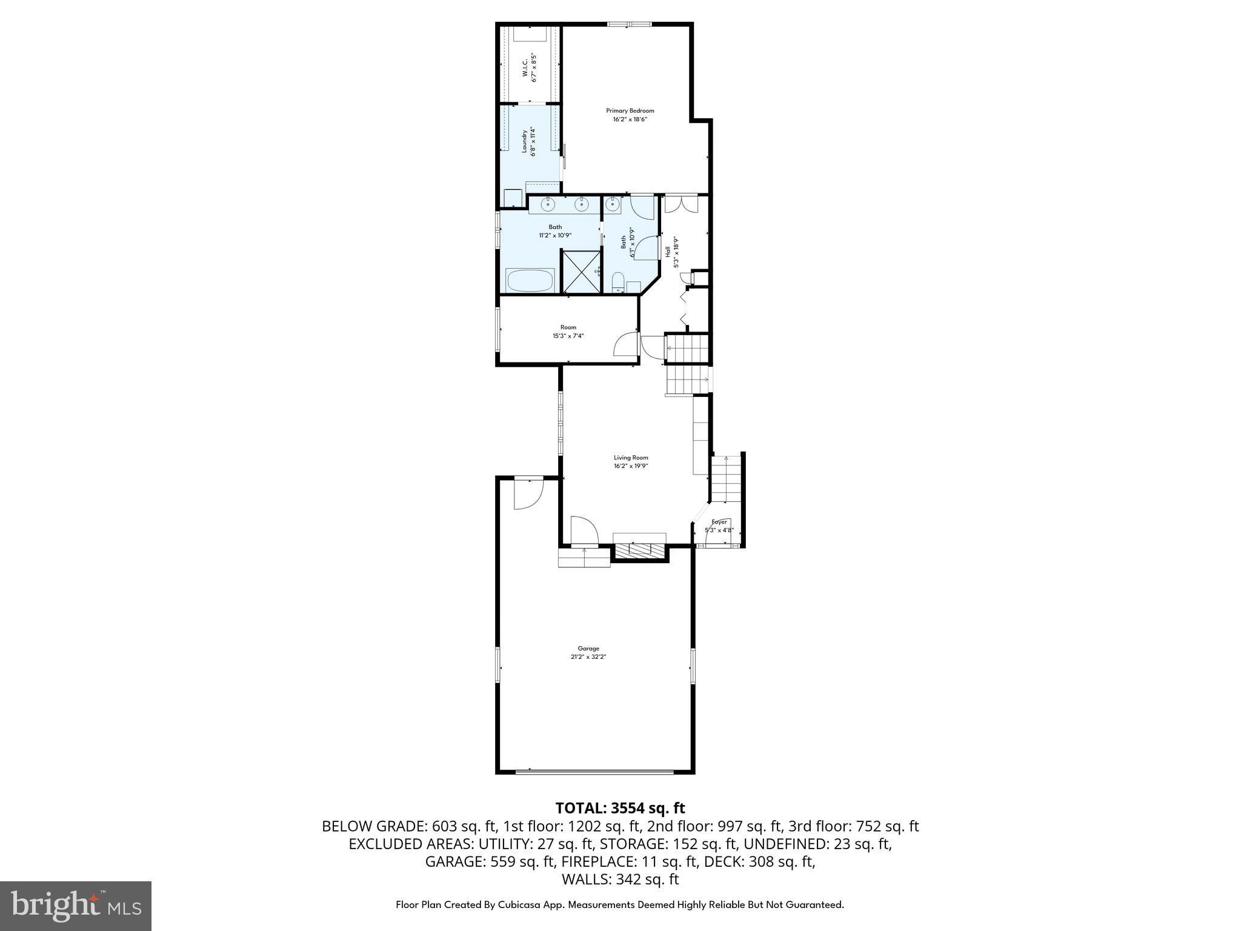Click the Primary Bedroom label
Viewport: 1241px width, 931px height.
point(630,111)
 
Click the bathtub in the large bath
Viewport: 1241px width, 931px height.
point(530,281)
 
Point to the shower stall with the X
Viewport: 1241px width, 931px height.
point(581,272)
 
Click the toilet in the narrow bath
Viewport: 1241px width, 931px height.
point(618,282)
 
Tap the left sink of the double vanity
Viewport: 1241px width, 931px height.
point(548,204)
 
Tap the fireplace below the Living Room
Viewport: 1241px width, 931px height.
point(639,549)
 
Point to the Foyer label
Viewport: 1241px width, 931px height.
point(719,522)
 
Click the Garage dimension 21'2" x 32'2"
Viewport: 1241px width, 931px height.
point(588,656)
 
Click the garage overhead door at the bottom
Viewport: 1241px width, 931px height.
point(594,772)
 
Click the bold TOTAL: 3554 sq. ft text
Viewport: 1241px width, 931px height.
point(620,808)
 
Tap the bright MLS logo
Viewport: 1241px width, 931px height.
point(76,906)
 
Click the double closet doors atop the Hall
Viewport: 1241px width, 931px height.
point(681,204)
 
